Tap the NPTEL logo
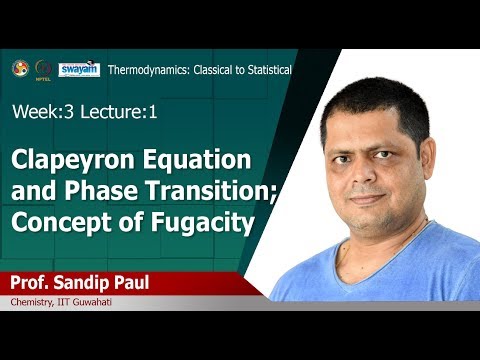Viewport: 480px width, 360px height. click(x=43, y=68)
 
